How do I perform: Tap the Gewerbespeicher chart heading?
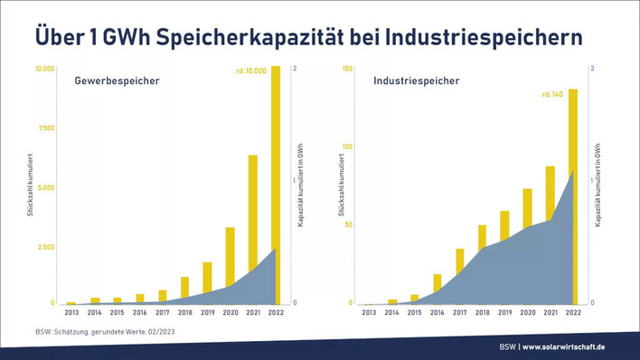[118, 81]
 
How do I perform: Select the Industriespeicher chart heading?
[416, 81]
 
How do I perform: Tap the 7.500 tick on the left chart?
[44, 128]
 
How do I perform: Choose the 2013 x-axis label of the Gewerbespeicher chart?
[71, 313]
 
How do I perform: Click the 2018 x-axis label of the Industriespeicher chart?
[483, 313]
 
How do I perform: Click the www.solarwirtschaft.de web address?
[576, 347]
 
